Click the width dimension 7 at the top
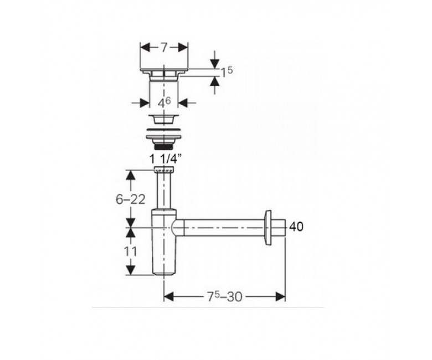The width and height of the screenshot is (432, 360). click(164, 48)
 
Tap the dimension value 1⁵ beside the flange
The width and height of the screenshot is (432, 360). click(227, 72)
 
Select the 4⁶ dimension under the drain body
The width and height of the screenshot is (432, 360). click(164, 103)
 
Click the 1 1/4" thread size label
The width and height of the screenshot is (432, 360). click(166, 159)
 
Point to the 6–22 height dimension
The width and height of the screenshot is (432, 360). click(130, 199)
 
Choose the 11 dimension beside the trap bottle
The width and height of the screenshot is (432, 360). click(130, 251)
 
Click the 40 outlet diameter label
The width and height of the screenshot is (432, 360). click(296, 227)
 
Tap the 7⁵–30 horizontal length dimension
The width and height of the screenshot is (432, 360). click(224, 296)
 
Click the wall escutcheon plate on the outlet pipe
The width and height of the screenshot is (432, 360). click(268, 228)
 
